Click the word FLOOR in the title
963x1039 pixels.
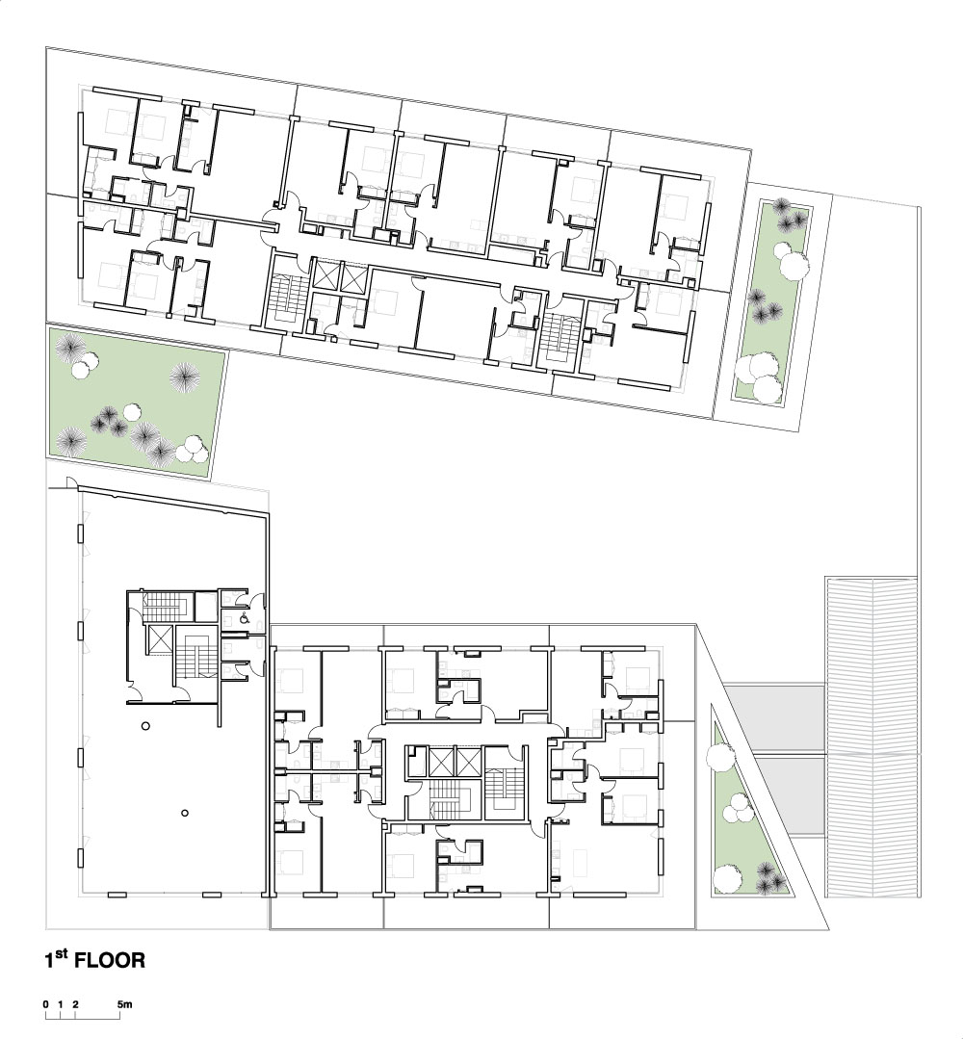pos(110,961)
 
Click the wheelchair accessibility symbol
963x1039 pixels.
pos(245,619)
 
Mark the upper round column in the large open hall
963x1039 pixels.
pos(145,726)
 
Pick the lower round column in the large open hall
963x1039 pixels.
pos(185,813)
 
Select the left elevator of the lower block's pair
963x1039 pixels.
pos(441,762)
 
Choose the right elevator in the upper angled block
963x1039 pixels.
pos(351,277)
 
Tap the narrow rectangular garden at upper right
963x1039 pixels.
pos(772,301)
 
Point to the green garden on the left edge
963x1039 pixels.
pos(136,401)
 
